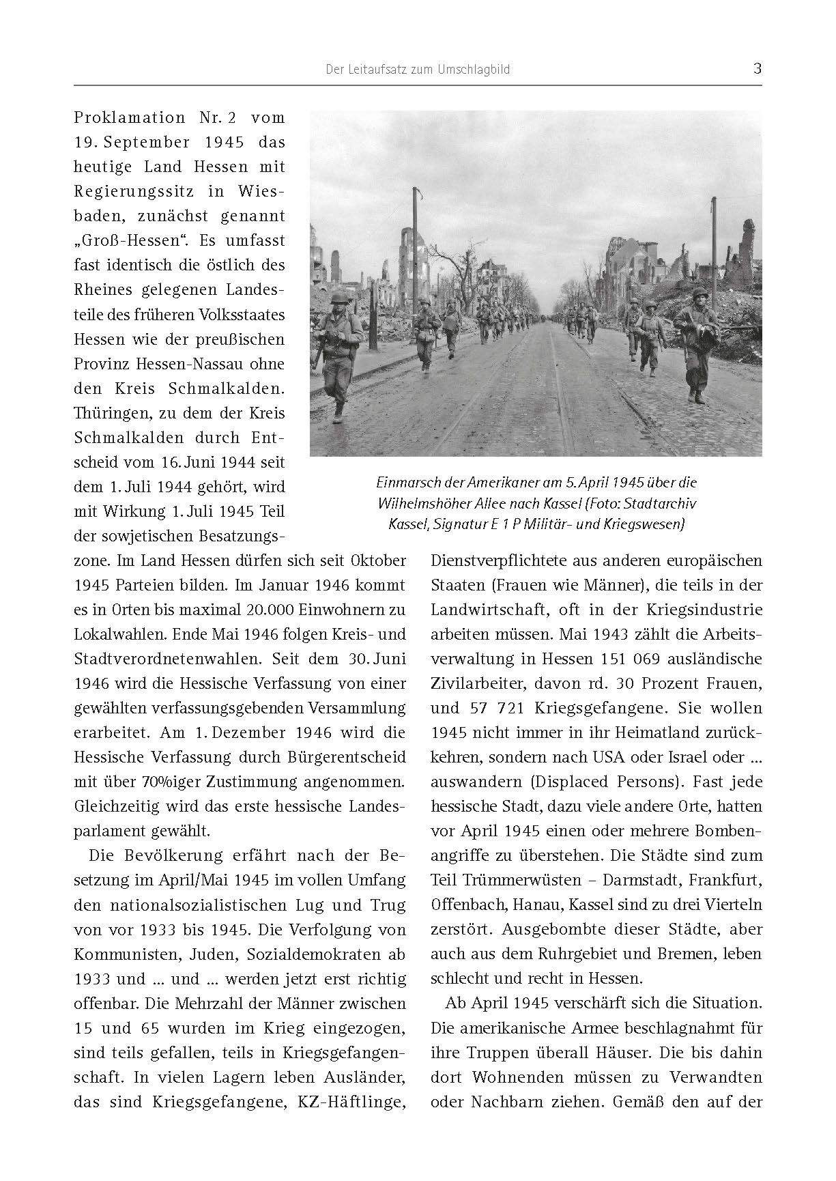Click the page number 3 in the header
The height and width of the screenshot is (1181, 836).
point(757,69)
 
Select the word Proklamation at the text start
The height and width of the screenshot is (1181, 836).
point(129,117)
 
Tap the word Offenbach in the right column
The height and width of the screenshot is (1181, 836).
point(462,905)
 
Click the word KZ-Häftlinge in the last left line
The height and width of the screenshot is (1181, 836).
point(357,1101)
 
